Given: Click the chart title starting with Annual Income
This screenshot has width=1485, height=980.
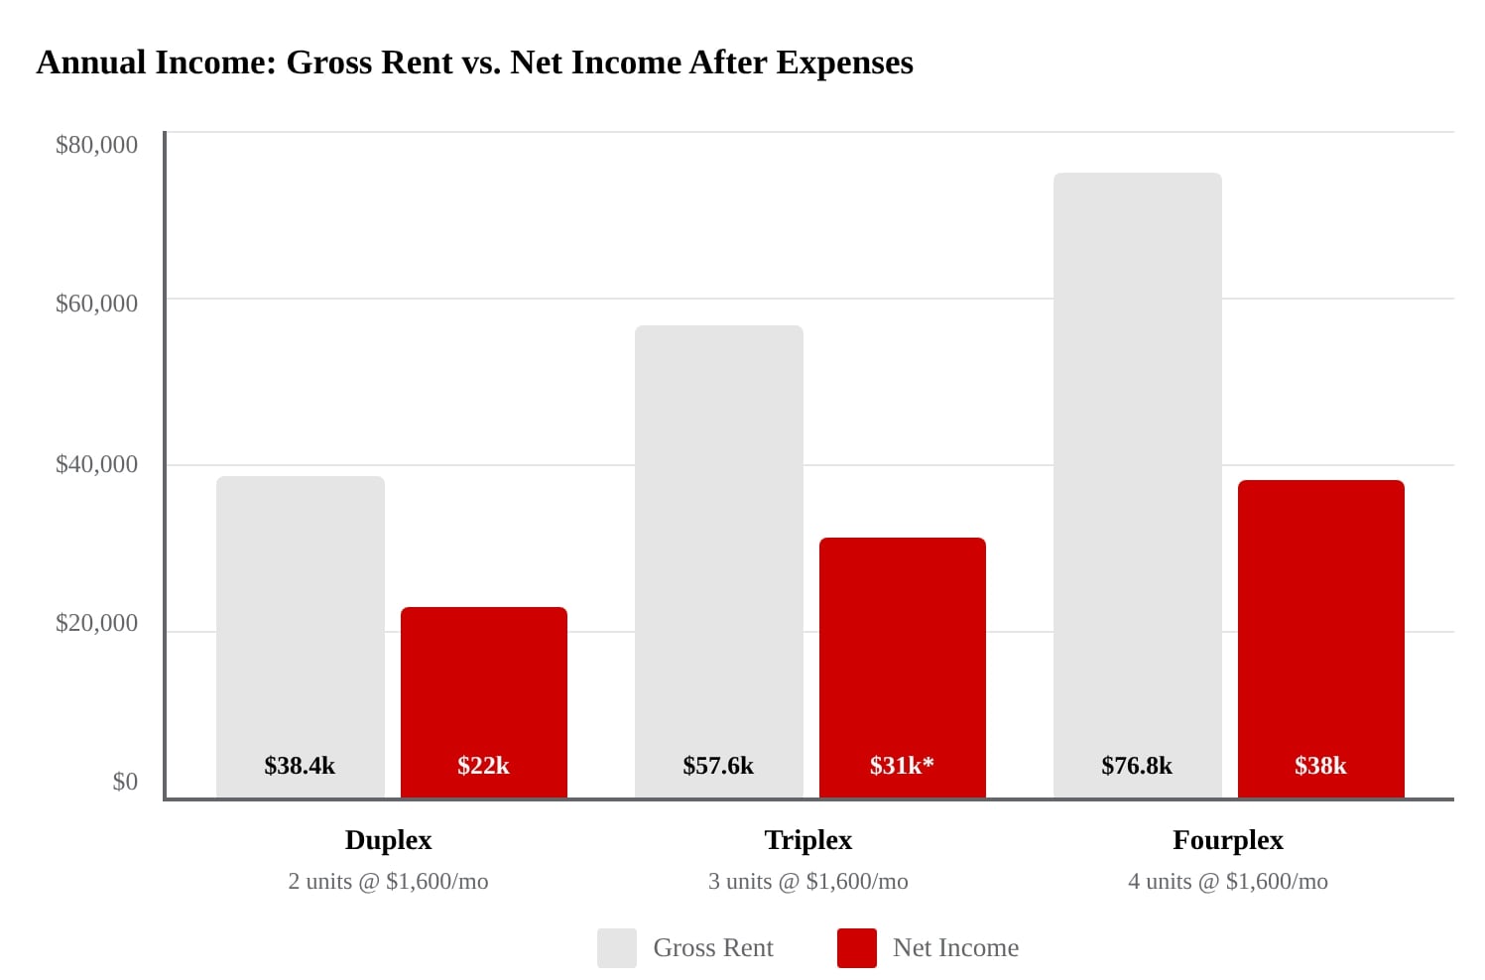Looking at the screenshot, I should click(x=474, y=62).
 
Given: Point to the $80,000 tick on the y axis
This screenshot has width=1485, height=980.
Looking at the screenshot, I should click(x=96, y=145).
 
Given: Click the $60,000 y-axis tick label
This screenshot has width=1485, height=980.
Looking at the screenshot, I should click(x=96, y=304).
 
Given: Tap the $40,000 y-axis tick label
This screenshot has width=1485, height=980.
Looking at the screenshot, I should click(x=96, y=464).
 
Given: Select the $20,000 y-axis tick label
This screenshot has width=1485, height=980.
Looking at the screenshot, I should click(x=96, y=623).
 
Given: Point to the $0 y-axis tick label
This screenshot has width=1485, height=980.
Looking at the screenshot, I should click(x=125, y=782).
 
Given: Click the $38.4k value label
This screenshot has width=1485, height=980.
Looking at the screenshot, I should click(x=300, y=766).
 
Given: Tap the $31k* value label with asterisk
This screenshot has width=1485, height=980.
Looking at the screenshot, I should click(x=902, y=766).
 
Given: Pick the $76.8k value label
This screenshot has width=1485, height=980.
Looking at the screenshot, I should click(x=1137, y=766).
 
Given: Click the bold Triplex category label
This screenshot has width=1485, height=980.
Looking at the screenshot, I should click(x=807, y=840).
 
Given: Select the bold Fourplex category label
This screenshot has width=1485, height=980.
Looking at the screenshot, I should click(x=1227, y=840).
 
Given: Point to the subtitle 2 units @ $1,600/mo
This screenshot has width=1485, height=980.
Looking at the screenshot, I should click(x=388, y=881).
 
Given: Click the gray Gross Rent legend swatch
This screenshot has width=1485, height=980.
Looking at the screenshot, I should click(x=616, y=948).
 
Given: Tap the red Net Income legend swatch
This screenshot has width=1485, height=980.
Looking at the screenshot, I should click(x=856, y=948).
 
